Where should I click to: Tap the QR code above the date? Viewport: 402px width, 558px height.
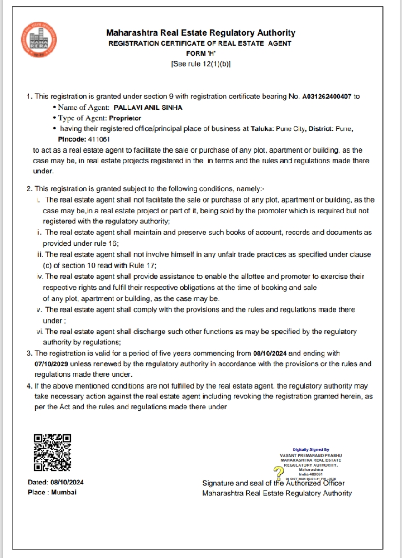pyautogui.click(x=52, y=453)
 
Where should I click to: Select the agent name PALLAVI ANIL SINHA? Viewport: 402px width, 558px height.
pyautogui.click(x=147, y=108)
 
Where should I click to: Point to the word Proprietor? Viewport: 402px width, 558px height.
pyautogui.click(x=125, y=118)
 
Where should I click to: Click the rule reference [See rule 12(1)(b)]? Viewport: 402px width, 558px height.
pyautogui.click(x=200, y=64)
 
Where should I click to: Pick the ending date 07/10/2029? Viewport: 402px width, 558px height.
pyautogui.click(x=53, y=364)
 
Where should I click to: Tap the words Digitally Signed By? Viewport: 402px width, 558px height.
pyautogui.click(x=310, y=449)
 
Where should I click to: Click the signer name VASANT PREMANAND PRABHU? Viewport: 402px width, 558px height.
pyautogui.click(x=310, y=455)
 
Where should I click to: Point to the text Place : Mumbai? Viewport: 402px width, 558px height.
pyautogui.click(x=52, y=492)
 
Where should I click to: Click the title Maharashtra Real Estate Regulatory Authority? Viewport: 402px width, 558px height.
pyautogui.click(x=200, y=33)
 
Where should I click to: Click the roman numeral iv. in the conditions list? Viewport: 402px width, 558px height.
pyautogui.click(x=39, y=276)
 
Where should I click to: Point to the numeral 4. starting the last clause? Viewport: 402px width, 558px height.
pyautogui.click(x=30, y=386)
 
